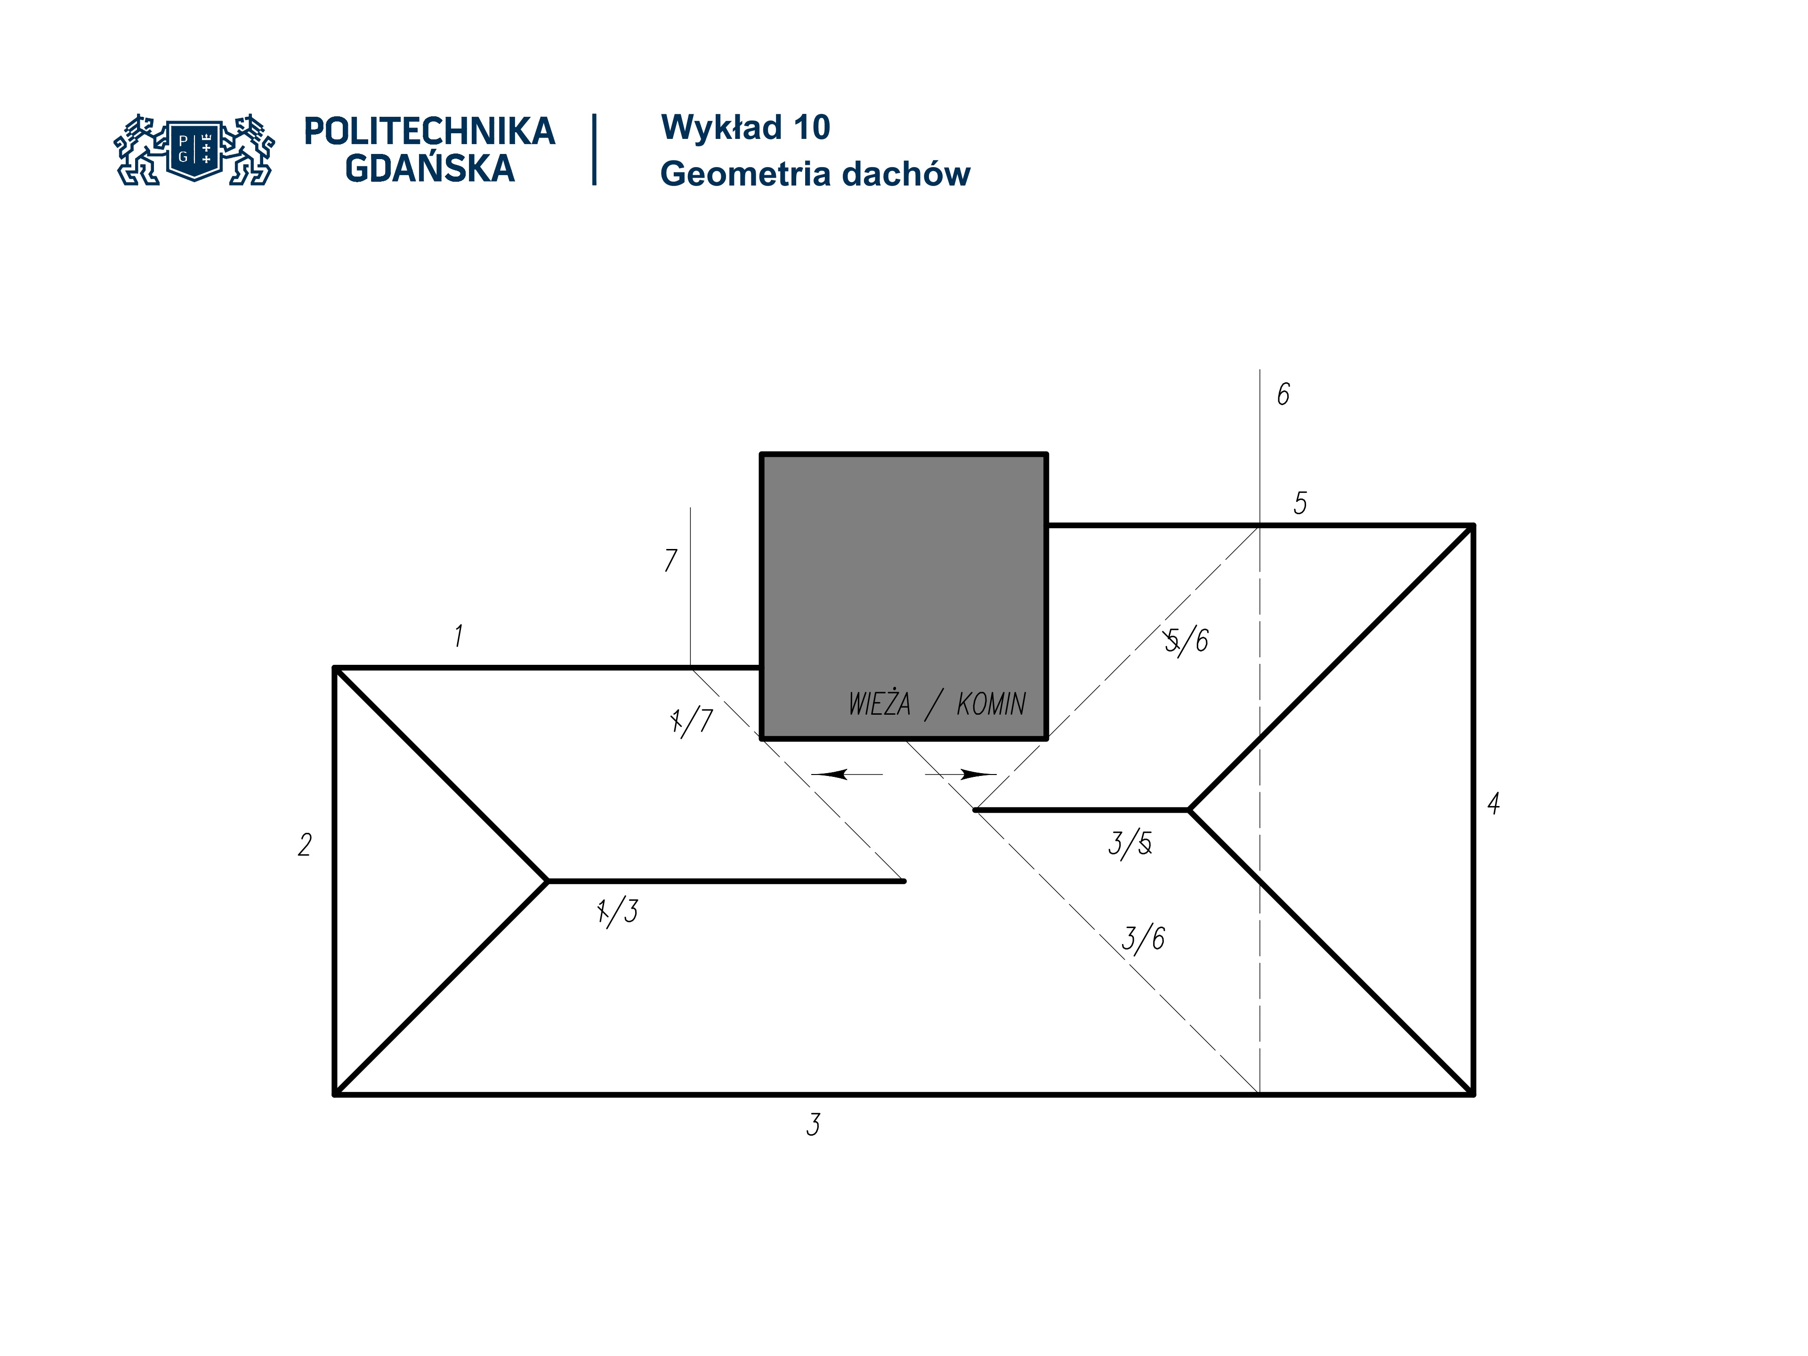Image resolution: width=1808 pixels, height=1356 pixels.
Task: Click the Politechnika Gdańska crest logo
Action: [x=194, y=150]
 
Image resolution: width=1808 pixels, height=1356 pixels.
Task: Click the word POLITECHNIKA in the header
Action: [x=429, y=131]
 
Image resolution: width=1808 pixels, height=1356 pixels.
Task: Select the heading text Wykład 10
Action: [x=745, y=128]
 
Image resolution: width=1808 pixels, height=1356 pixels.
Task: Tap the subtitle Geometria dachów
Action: [x=815, y=174]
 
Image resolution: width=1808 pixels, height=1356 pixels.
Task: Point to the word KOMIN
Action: [x=991, y=704]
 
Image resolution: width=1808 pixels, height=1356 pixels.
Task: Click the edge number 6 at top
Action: [x=1283, y=395]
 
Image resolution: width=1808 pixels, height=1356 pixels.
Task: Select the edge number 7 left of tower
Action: [x=670, y=560]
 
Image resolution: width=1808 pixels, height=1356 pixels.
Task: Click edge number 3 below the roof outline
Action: [x=813, y=1125]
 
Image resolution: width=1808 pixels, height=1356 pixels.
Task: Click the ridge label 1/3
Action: [x=618, y=911]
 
